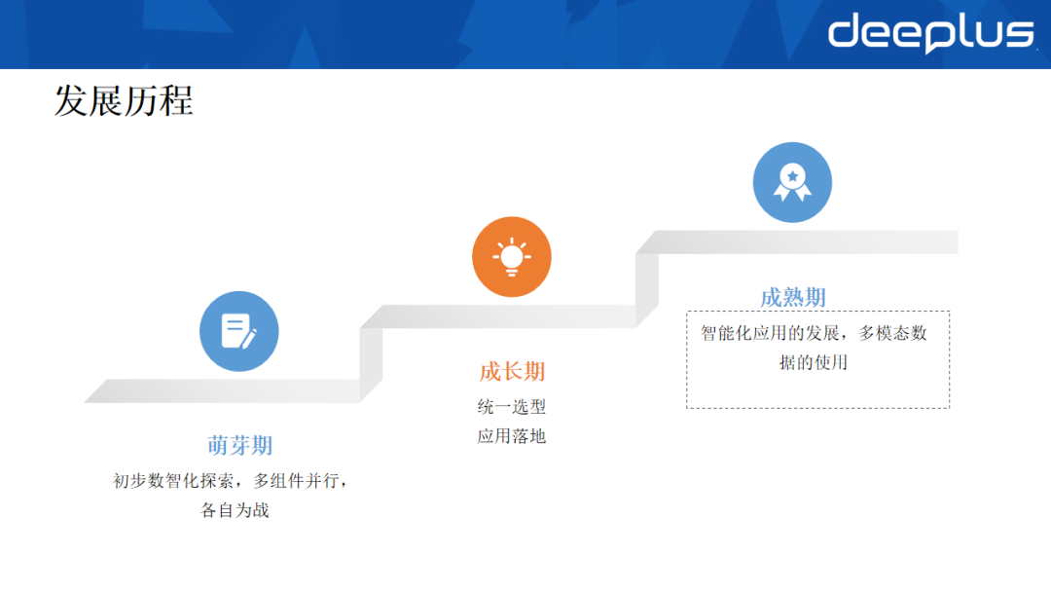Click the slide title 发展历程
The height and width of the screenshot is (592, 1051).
click(123, 100)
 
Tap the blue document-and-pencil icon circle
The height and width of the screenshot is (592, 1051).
click(238, 331)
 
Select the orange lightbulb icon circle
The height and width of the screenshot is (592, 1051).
click(511, 256)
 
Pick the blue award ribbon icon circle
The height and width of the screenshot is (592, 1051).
click(792, 182)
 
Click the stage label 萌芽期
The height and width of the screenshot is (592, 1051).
click(239, 446)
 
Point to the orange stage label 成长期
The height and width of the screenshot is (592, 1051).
click(512, 372)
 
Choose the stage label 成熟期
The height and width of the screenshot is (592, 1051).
click(792, 298)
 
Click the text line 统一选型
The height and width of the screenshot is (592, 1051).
click(512, 407)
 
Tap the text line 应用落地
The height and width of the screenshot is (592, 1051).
click(512, 436)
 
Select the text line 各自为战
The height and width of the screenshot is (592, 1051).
click(235, 509)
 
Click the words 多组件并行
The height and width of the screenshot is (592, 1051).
click(298, 481)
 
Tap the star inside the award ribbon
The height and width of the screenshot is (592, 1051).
click(793, 175)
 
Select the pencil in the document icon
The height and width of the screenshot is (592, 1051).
click(248, 338)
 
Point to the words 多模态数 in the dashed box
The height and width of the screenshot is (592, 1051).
click(892, 334)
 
